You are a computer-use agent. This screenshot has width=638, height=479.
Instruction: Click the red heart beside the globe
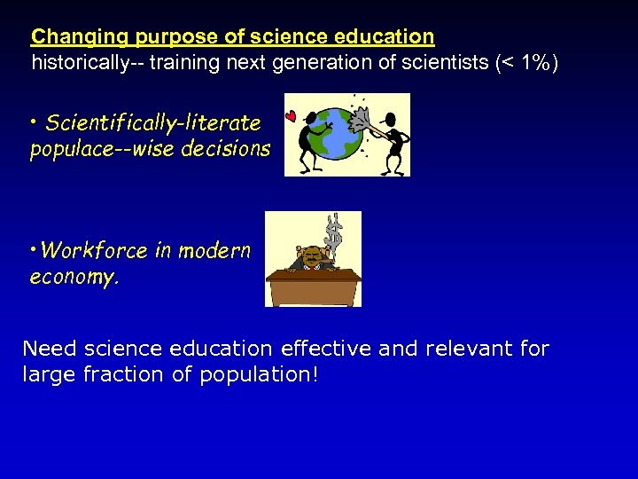[x=290, y=116]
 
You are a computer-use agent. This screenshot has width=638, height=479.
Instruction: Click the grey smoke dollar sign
[x=335, y=232]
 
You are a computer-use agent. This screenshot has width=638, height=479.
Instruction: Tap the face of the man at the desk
[x=313, y=258]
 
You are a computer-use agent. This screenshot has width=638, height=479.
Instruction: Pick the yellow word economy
[x=73, y=277]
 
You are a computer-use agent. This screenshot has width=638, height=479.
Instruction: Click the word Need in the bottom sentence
[x=45, y=349]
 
